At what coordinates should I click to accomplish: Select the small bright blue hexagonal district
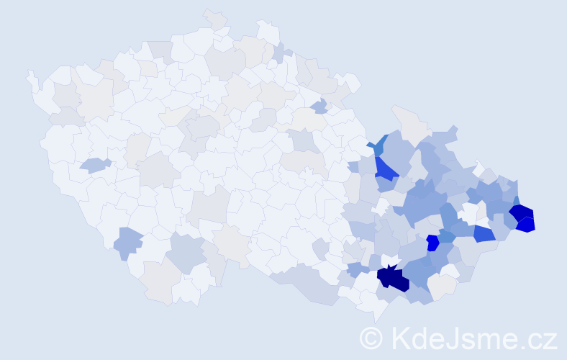pos(432,243)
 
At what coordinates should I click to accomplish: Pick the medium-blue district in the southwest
pos(127,243)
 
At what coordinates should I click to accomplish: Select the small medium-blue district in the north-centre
pos(318,107)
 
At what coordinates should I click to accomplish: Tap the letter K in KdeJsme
pos(401,338)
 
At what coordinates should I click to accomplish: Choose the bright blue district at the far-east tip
pos(526,224)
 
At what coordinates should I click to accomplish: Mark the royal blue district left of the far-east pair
pos(484,233)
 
